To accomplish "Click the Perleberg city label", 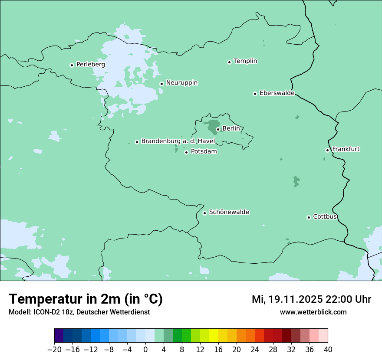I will (x=90, y=65).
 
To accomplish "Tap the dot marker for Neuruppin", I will (x=161, y=84).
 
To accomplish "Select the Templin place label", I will (x=245, y=61).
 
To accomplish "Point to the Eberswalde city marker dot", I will (x=255, y=94).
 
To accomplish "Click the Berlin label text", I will (x=231, y=129).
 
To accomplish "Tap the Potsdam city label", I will (x=204, y=152).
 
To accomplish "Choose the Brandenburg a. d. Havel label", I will (x=178, y=141).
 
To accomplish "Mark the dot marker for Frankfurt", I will (x=328, y=150).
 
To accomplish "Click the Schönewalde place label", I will (x=229, y=213).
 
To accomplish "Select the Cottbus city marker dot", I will (x=309, y=217).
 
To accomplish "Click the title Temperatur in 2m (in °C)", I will (x=86, y=299).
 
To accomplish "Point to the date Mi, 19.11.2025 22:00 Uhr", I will (x=311, y=300).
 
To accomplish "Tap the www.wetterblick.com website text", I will (x=313, y=312).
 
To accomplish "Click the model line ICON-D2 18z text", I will (x=79, y=312).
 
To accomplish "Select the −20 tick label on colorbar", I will (x=54, y=350).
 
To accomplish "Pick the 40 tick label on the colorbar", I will (x=328, y=350).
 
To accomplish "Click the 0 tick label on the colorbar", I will (x=145, y=350).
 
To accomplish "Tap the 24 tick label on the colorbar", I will (x=255, y=350).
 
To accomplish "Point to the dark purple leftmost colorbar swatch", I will (x=59, y=336).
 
